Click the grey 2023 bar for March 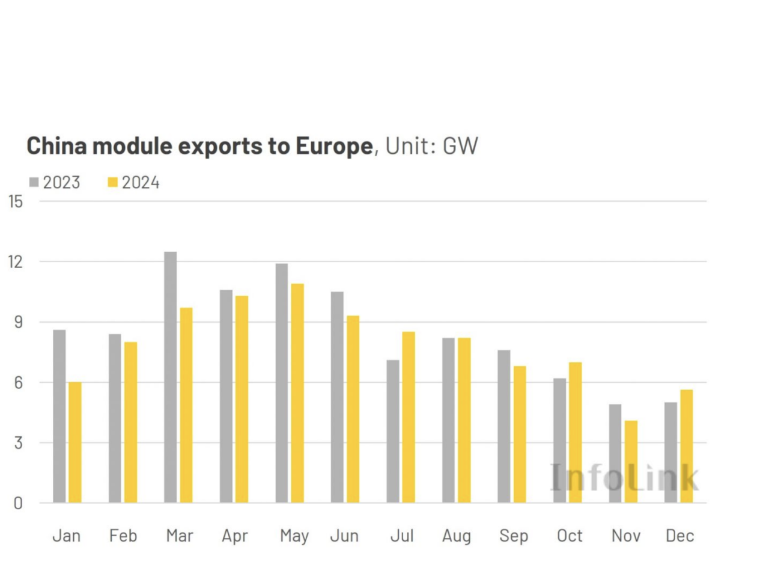(x=171, y=377)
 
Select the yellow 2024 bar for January (x=75, y=442)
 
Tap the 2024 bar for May (x=297, y=393)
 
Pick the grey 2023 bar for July (x=393, y=431)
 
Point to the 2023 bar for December (x=670, y=452)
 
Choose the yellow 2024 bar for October (x=575, y=432)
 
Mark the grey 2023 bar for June (x=337, y=397)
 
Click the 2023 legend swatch (x=34, y=182)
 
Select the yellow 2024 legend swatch (x=112, y=182)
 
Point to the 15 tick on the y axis (x=16, y=201)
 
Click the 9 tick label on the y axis (x=18, y=322)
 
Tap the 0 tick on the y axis (x=18, y=503)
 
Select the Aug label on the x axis (x=457, y=536)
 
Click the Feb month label (x=123, y=536)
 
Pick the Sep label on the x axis (x=514, y=536)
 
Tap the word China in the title (x=56, y=146)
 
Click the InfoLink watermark (x=624, y=478)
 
